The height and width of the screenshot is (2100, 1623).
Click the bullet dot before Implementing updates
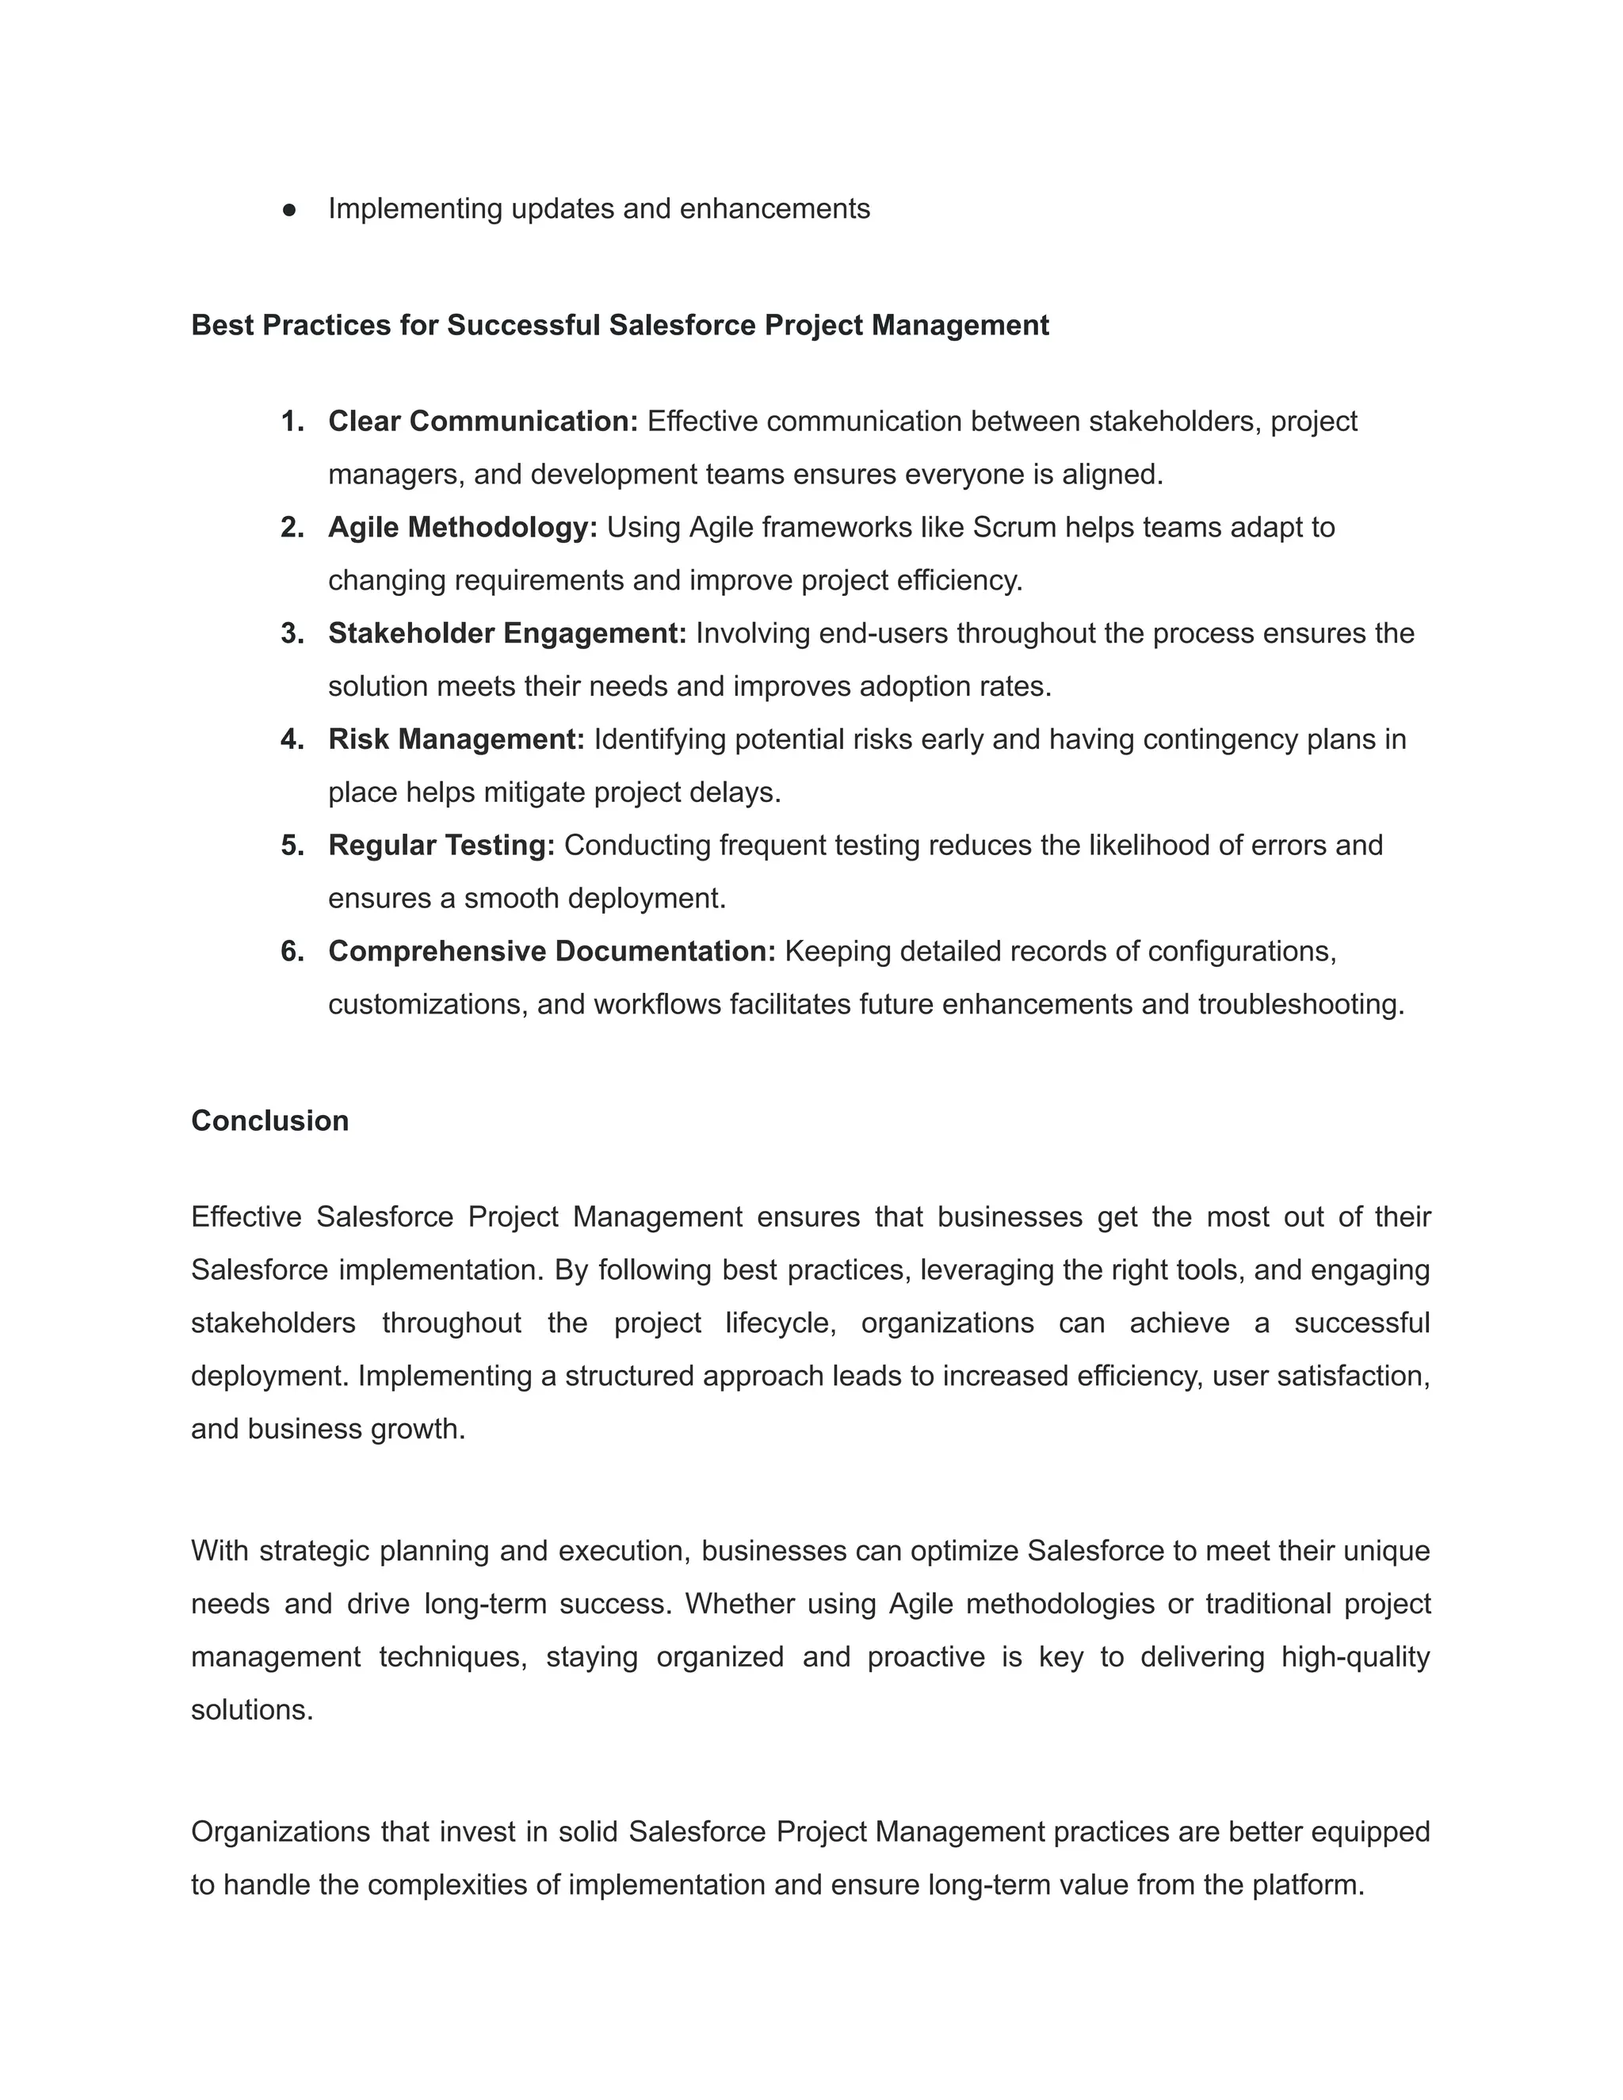289,210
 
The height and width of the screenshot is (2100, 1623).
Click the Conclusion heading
269,1121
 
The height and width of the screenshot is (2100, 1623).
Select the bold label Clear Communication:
483,421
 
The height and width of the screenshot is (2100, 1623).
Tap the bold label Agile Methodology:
463,527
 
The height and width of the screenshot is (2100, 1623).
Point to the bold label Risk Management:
456,739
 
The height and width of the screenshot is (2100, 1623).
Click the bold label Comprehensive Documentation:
551,950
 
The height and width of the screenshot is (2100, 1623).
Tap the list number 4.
292,739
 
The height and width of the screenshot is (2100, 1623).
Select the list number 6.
292,950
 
